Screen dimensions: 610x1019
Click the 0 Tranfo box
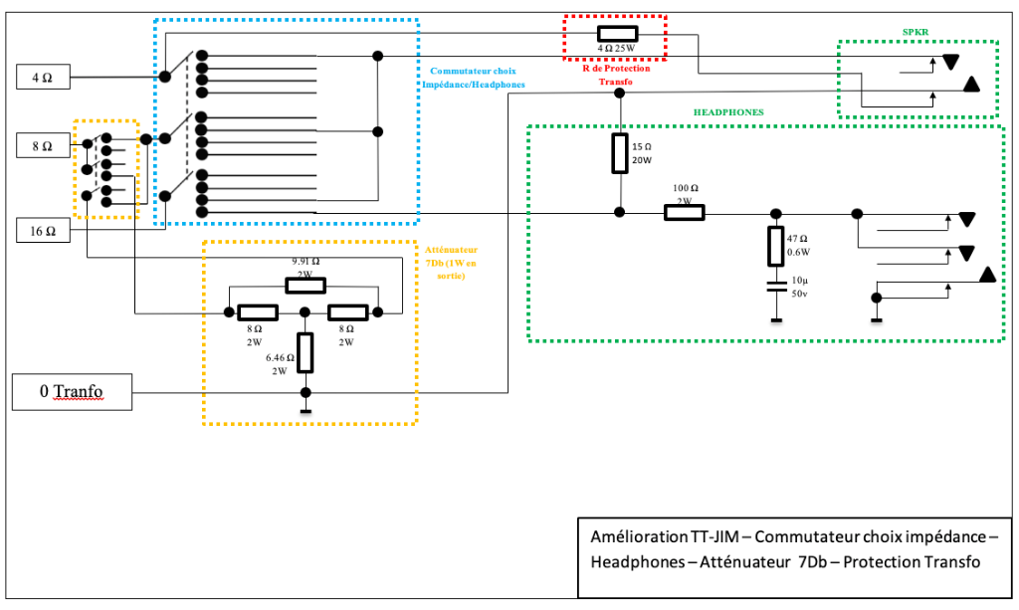pyautogui.click(x=71, y=392)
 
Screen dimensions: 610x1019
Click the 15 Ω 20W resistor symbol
pyautogui.click(x=619, y=151)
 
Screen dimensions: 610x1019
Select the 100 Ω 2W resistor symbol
pyautogui.click(x=684, y=212)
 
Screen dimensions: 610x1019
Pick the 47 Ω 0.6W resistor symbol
pyautogui.click(x=775, y=246)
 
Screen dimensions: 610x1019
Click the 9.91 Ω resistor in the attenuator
pyautogui.click(x=305, y=286)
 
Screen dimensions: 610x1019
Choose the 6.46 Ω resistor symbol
pyautogui.click(x=306, y=350)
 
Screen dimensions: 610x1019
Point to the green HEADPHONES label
pyautogui.click(x=728, y=112)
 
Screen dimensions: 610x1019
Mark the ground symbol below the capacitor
pyautogui.click(x=775, y=319)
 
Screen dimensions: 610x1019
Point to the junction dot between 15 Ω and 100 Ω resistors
pyautogui.click(x=619, y=212)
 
